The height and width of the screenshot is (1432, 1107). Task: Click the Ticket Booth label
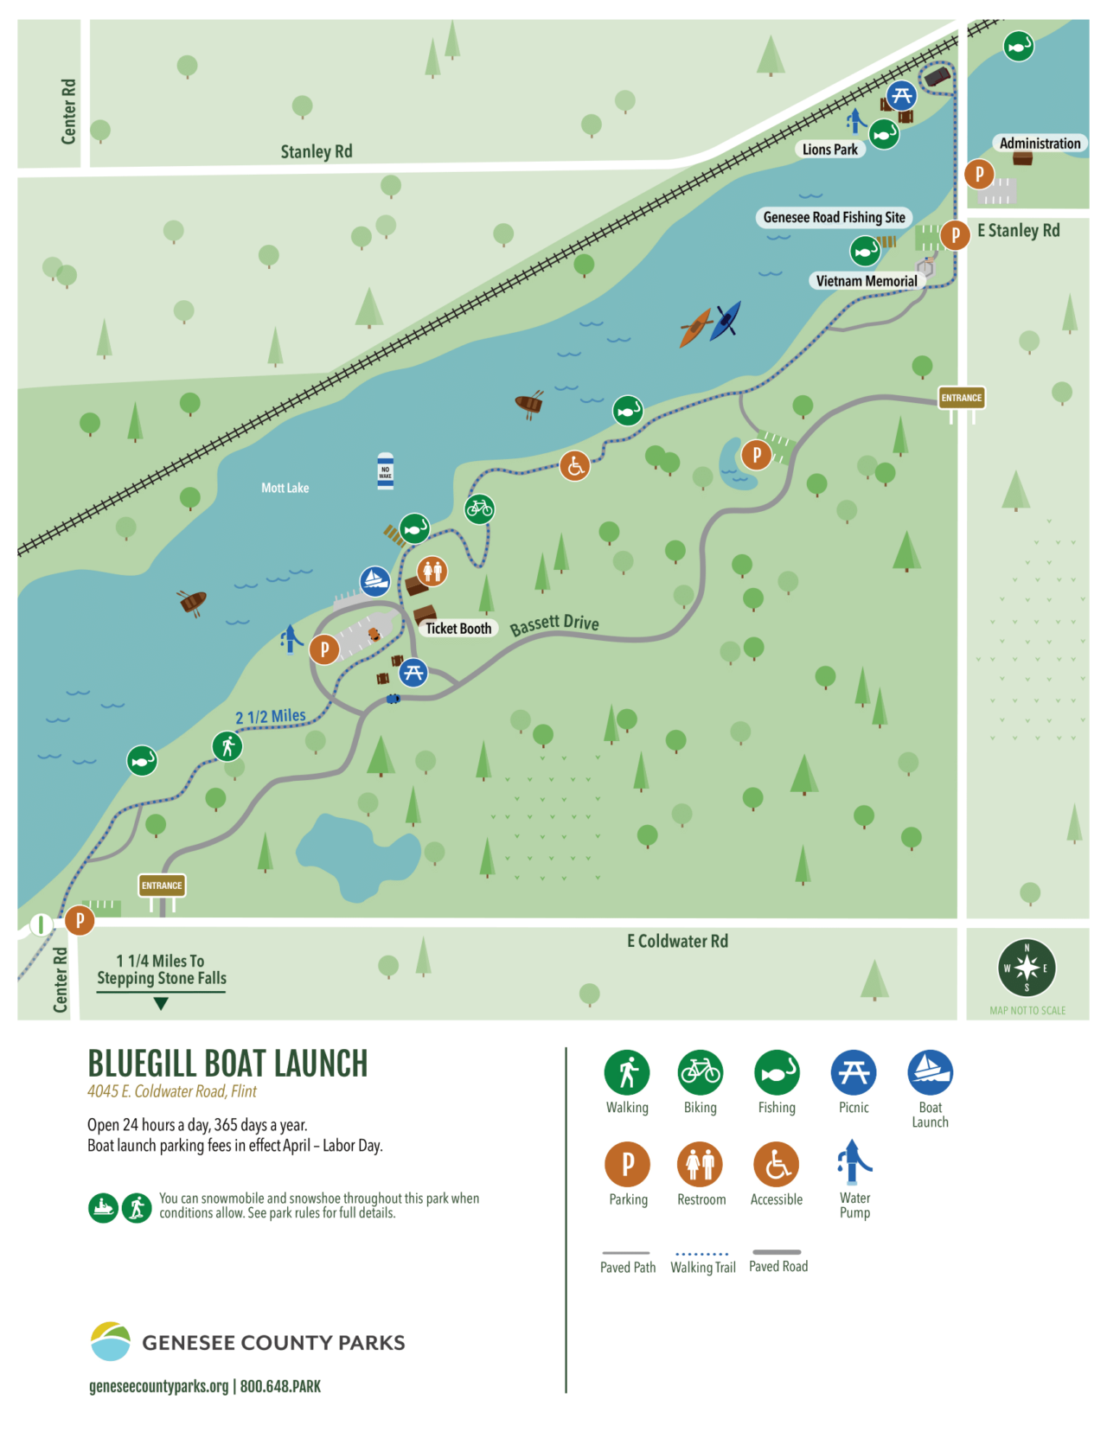click(x=458, y=629)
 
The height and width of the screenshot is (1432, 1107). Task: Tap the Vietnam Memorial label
click(x=866, y=281)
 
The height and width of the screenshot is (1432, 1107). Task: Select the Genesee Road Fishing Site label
click(x=834, y=218)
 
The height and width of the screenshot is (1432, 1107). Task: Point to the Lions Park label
click(x=829, y=150)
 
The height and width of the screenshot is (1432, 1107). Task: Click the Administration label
click(x=1040, y=144)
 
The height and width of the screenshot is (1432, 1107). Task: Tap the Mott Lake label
click(x=285, y=489)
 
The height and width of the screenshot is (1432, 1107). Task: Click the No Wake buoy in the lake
click(x=386, y=471)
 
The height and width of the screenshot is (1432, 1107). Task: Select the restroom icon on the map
click(x=432, y=571)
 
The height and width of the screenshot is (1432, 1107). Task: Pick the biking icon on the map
click(x=479, y=509)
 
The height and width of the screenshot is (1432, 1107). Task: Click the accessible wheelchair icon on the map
click(x=574, y=466)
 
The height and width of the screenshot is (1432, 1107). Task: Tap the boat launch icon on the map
click(x=374, y=581)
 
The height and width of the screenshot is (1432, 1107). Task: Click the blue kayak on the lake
click(x=725, y=321)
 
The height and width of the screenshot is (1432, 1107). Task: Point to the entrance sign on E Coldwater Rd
click(x=162, y=885)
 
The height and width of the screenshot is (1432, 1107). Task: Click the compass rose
click(x=1027, y=969)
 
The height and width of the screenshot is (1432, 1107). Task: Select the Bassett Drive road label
click(x=554, y=623)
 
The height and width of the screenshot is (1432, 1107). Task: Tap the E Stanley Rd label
click(x=1018, y=231)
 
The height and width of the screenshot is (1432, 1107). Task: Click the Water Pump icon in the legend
click(x=854, y=1162)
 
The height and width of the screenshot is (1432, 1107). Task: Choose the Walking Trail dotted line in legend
click(x=702, y=1253)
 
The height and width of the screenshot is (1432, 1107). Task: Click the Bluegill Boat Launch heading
click(x=227, y=1064)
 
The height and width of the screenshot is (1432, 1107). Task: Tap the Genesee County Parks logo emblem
click(x=111, y=1341)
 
